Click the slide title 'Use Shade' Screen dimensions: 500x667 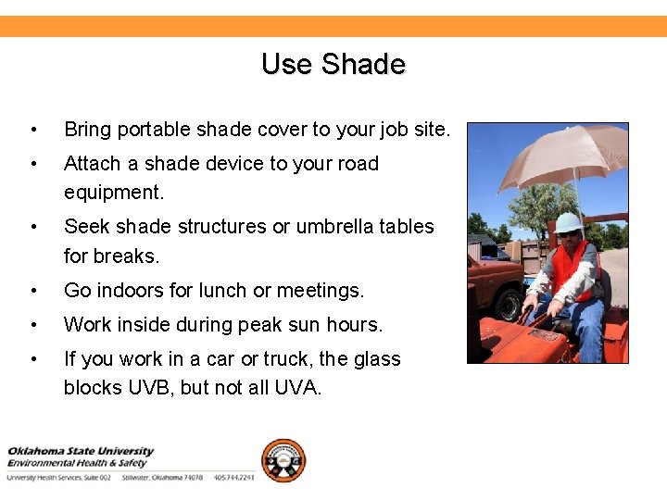[333, 64]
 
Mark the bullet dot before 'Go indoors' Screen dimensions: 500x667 [33, 291]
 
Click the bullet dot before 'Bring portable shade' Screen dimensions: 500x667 [33, 130]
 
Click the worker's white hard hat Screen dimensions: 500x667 [568, 222]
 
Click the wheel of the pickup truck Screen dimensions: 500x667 [508, 303]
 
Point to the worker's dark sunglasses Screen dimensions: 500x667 [567, 234]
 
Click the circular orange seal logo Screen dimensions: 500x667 [283, 460]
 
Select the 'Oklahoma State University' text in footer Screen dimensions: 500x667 [80, 452]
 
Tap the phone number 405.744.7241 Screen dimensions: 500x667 [233, 478]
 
